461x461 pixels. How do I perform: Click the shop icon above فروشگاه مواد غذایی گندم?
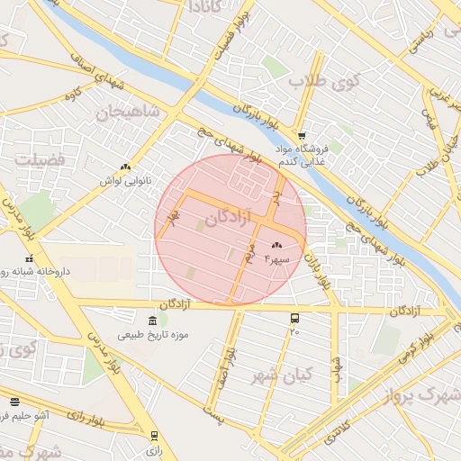(x=303, y=135)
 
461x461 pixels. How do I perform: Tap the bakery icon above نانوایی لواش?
(x=125, y=167)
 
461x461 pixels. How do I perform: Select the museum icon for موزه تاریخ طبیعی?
(x=152, y=321)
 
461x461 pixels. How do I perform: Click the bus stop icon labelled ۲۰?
(x=294, y=319)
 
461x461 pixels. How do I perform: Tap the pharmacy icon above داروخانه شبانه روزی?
(x=29, y=258)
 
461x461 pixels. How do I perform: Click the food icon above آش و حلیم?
(x=14, y=402)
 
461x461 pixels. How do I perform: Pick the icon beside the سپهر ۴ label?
(x=276, y=246)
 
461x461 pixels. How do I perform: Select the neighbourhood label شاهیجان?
(x=127, y=113)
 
